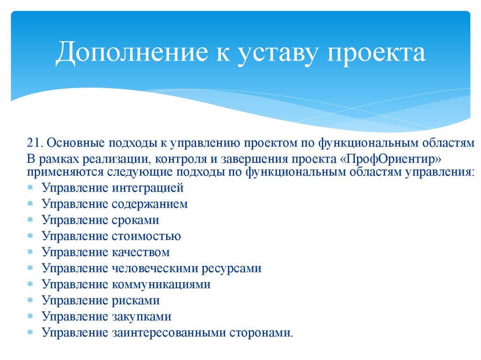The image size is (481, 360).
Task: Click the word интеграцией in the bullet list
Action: pos(147,188)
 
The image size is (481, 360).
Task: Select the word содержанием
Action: pos(149,204)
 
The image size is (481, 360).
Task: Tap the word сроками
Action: pos(135,220)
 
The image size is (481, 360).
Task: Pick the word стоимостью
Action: pos(146,236)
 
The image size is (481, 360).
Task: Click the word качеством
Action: pos(140,252)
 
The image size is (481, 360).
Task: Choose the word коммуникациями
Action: pos(161,284)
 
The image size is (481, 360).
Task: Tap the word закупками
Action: pos(141,316)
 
